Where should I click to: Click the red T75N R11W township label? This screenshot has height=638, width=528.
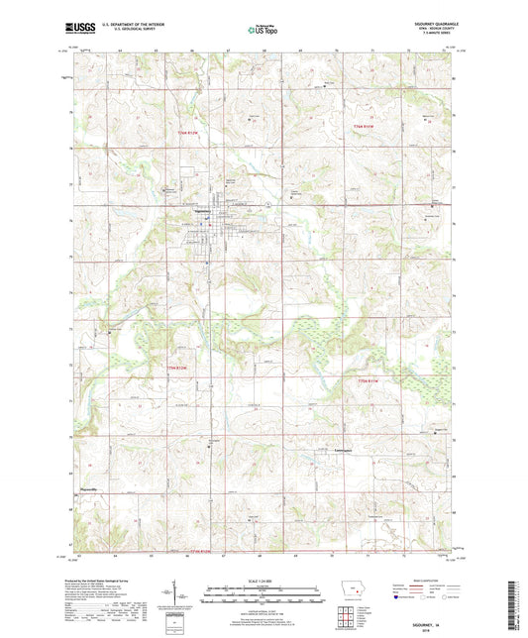(368, 380)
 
